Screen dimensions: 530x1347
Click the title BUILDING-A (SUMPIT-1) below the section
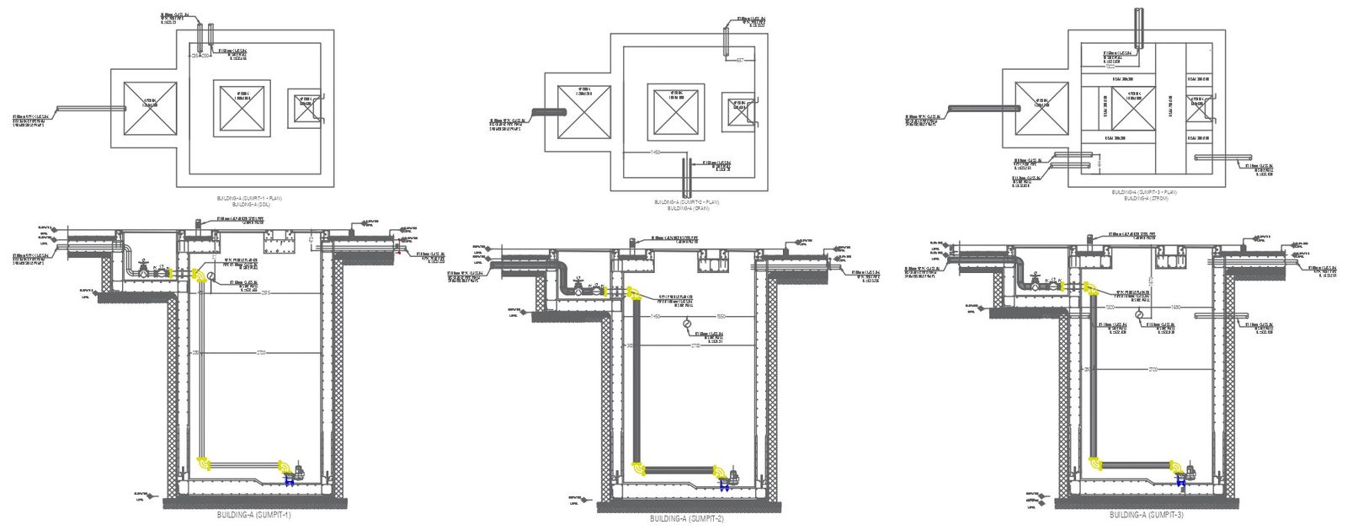coord(253,514)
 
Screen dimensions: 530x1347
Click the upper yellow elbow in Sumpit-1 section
coord(198,276)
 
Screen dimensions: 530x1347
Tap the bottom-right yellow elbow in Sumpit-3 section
coord(1170,464)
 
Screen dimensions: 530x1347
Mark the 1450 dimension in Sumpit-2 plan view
coord(655,152)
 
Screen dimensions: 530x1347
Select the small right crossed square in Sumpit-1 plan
coord(303,108)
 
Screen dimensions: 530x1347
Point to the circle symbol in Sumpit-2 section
coord(687,324)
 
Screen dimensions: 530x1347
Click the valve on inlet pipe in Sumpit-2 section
coord(578,284)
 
